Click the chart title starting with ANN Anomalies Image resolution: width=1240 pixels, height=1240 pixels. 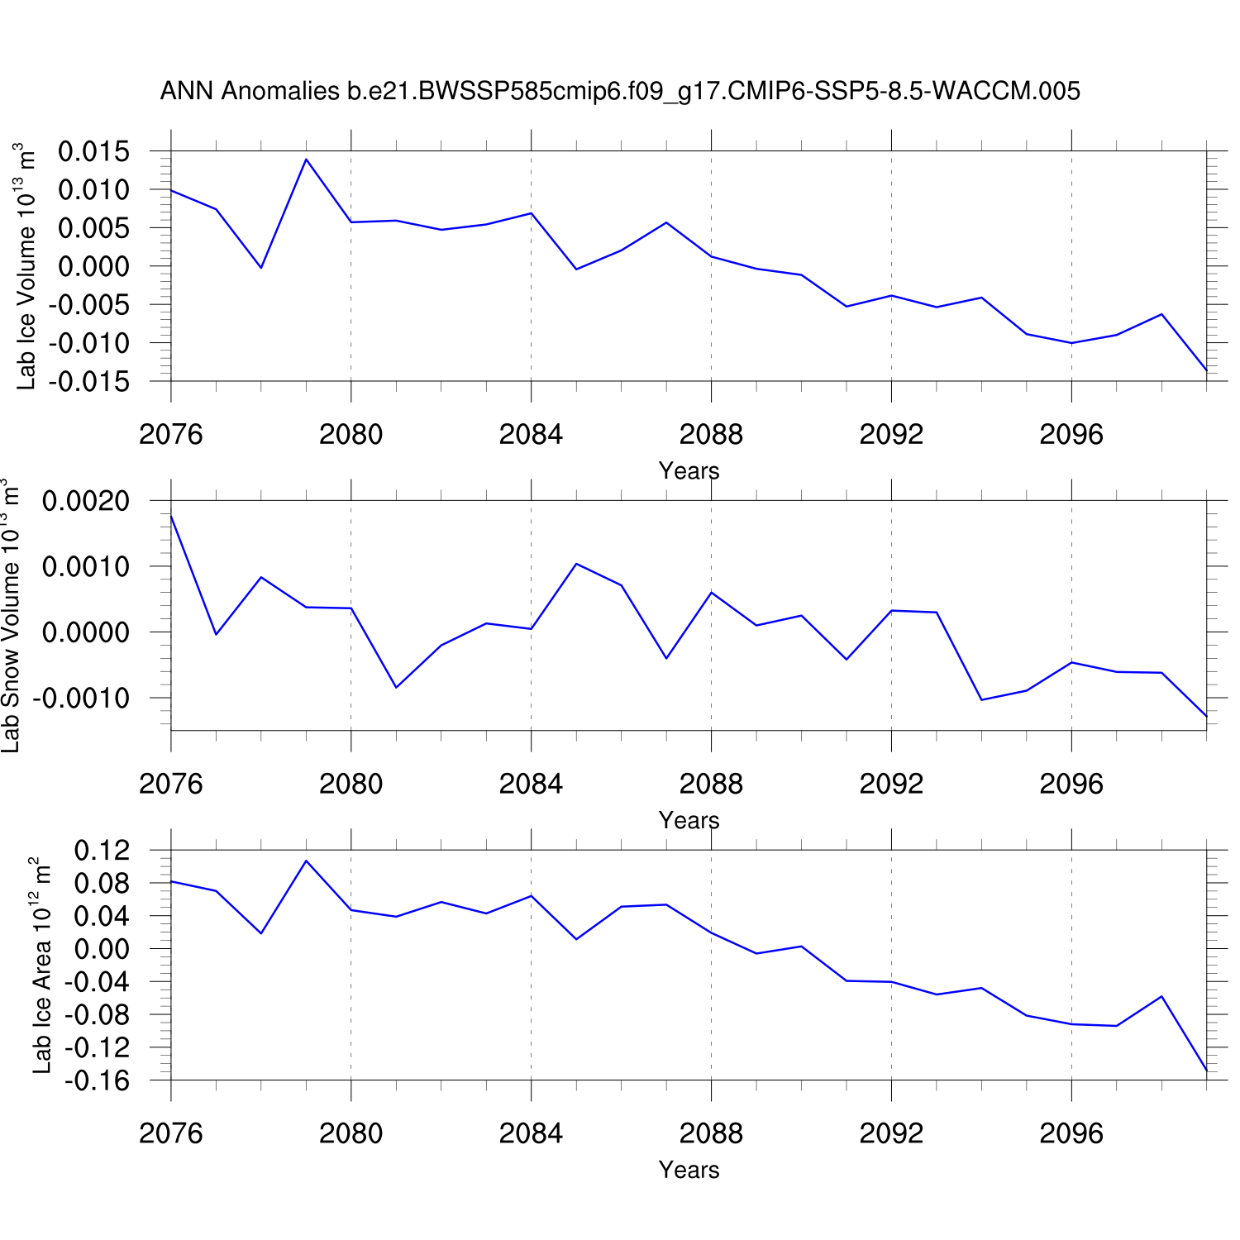click(620, 91)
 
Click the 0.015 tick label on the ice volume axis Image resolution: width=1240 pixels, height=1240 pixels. click(94, 151)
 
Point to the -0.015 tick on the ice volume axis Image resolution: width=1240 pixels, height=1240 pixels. click(89, 381)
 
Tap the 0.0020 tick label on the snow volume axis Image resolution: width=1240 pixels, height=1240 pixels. click(86, 501)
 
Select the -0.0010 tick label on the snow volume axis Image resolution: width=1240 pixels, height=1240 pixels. click(81, 699)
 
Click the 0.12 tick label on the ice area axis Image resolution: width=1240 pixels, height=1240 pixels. click(103, 850)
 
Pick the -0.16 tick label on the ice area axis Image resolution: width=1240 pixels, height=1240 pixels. click(98, 1080)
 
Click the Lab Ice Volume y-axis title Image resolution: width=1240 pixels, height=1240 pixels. click(26, 266)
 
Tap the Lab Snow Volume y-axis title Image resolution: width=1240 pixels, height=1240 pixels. click(10, 616)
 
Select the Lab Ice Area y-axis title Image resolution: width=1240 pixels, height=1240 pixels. click(41, 966)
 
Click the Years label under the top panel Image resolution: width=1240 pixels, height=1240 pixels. click(689, 471)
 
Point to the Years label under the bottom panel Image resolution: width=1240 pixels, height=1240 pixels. click(689, 1171)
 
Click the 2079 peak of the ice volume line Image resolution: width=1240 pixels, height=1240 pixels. click(306, 160)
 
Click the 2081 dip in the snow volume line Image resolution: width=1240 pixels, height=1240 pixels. click(396, 687)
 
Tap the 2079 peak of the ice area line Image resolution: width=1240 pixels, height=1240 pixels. click(306, 861)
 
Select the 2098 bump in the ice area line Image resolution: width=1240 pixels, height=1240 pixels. click(1161, 996)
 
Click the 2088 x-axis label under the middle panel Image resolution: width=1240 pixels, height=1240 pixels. click(711, 784)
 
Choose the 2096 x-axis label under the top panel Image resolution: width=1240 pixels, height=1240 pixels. click(1071, 434)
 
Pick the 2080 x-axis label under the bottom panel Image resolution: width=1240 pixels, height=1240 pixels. click(351, 1133)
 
